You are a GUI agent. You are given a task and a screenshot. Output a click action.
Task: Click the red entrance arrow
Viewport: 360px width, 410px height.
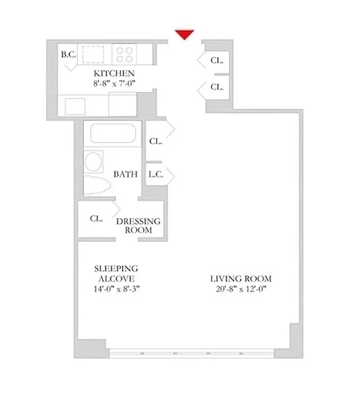[x=184, y=34]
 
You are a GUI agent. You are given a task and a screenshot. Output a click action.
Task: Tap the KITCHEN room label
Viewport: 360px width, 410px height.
[x=114, y=73]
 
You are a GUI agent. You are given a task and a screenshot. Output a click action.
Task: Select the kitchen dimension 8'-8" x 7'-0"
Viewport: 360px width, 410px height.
[x=113, y=83]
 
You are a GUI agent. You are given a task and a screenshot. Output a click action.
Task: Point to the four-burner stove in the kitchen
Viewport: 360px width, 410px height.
[x=124, y=54]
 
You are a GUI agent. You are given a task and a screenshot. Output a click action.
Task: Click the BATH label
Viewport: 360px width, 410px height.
[x=125, y=174]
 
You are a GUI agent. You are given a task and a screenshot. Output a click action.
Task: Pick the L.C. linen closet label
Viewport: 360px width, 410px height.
[x=156, y=174]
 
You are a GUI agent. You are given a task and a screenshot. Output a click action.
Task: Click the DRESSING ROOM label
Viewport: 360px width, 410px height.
[x=138, y=225]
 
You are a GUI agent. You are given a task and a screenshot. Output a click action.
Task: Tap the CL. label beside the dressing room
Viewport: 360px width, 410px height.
[x=96, y=218]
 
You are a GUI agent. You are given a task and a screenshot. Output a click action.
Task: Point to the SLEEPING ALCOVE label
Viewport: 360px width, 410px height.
[x=116, y=273]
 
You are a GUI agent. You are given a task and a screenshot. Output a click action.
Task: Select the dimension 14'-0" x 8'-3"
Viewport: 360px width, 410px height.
[x=116, y=289]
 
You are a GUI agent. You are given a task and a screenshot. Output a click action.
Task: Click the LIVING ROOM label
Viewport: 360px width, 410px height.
[x=241, y=279]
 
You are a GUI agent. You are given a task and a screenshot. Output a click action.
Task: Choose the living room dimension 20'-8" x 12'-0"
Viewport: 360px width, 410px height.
[x=241, y=289]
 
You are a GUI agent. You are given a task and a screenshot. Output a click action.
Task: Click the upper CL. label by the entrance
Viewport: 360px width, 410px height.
[x=217, y=60]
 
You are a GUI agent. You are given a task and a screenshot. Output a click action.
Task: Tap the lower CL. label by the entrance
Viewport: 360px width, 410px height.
[x=217, y=87]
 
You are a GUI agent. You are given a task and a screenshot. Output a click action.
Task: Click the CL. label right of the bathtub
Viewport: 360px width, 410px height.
[x=156, y=141]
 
